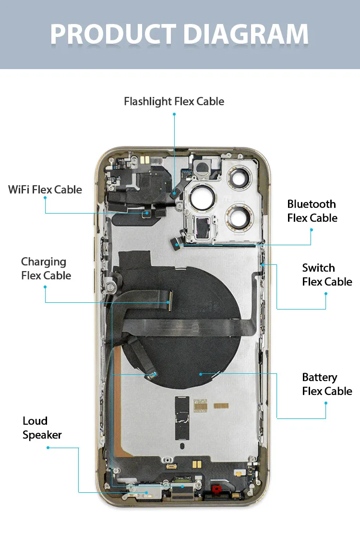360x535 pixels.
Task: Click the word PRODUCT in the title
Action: (x=113, y=34)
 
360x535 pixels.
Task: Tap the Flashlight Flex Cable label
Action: (x=174, y=102)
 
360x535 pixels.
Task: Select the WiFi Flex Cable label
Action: (x=45, y=190)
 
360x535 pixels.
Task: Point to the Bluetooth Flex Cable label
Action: (x=312, y=211)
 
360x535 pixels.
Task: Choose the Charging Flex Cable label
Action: (x=46, y=269)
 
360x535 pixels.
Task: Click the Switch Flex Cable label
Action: (x=327, y=275)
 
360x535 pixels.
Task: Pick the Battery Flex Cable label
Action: (x=327, y=384)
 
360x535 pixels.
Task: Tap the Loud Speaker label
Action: (x=42, y=428)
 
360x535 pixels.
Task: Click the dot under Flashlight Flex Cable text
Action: (x=174, y=114)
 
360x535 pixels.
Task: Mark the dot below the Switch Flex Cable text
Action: (x=326, y=294)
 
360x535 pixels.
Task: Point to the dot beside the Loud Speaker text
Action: (x=48, y=448)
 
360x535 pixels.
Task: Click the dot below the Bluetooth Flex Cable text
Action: (x=311, y=230)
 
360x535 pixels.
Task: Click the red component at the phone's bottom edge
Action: (x=216, y=489)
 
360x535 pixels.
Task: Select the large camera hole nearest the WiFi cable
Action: (x=198, y=198)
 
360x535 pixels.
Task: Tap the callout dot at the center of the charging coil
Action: (x=200, y=373)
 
